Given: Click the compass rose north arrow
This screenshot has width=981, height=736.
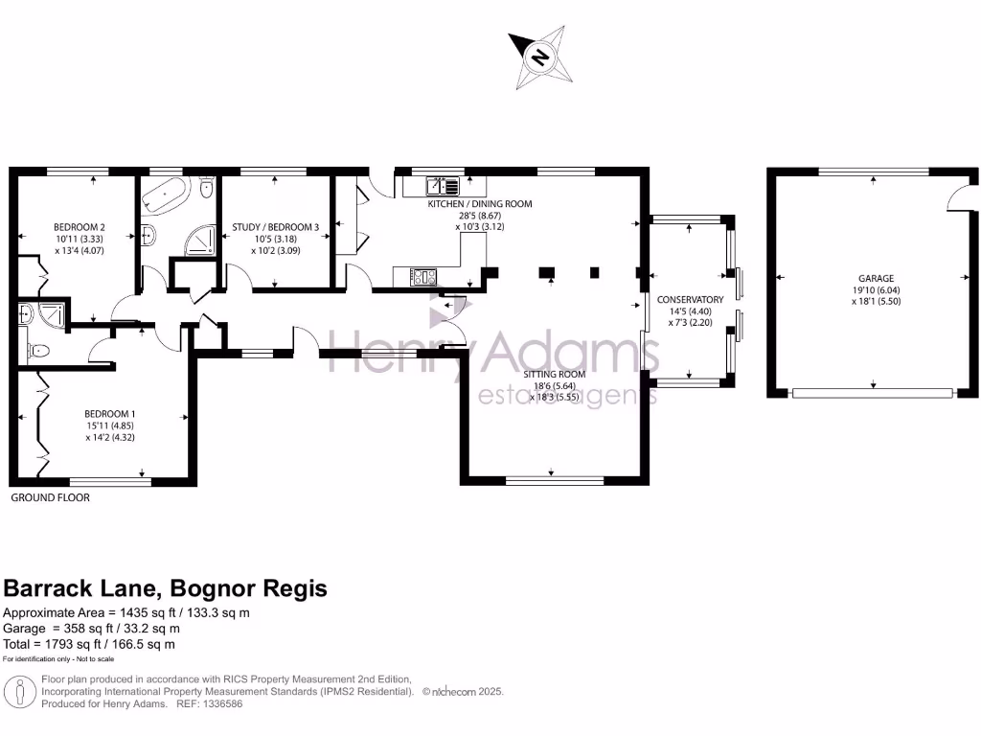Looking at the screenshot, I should pyautogui.click(x=539, y=57).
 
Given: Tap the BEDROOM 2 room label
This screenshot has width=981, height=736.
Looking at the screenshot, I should pyautogui.click(x=79, y=228).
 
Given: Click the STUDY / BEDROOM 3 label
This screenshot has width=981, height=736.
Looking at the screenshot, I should pyautogui.click(x=275, y=228).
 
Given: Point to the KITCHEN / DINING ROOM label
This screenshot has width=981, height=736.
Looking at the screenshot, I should pyautogui.click(x=479, y=204).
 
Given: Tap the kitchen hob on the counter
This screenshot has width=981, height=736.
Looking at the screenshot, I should pyautogui.click(x=423, y=278).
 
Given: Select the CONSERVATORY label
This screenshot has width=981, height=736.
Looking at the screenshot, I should pyautogui.click(x=691, y=300).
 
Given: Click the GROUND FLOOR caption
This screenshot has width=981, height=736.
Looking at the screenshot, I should pyautogui.click(x=50, y=498).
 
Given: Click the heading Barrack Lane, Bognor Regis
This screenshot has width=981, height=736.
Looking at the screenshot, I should pyautogui.click(x=166, y=587).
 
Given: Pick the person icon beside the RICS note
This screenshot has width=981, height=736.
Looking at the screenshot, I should pyautogui.click(x=19, y=691).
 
